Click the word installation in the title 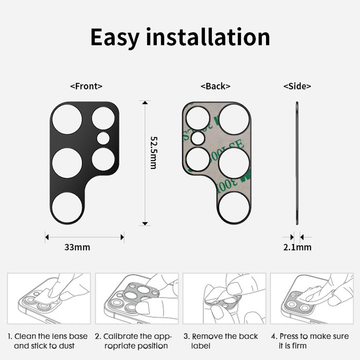(x=208, y=37)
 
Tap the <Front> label (x=86, y=86)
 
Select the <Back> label (x=215, y=86)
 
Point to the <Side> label (x=297, y=86)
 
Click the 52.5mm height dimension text (x=153, y=152)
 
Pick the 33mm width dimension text (x=77, y=247)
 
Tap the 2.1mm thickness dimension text (x=297, y=247)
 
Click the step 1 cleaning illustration (x=49, y=298)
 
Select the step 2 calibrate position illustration (x=136, y=298)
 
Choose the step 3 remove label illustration (x=224, y=298)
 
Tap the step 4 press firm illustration (x=312, y=298)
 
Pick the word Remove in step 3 (x=205, y=336)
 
